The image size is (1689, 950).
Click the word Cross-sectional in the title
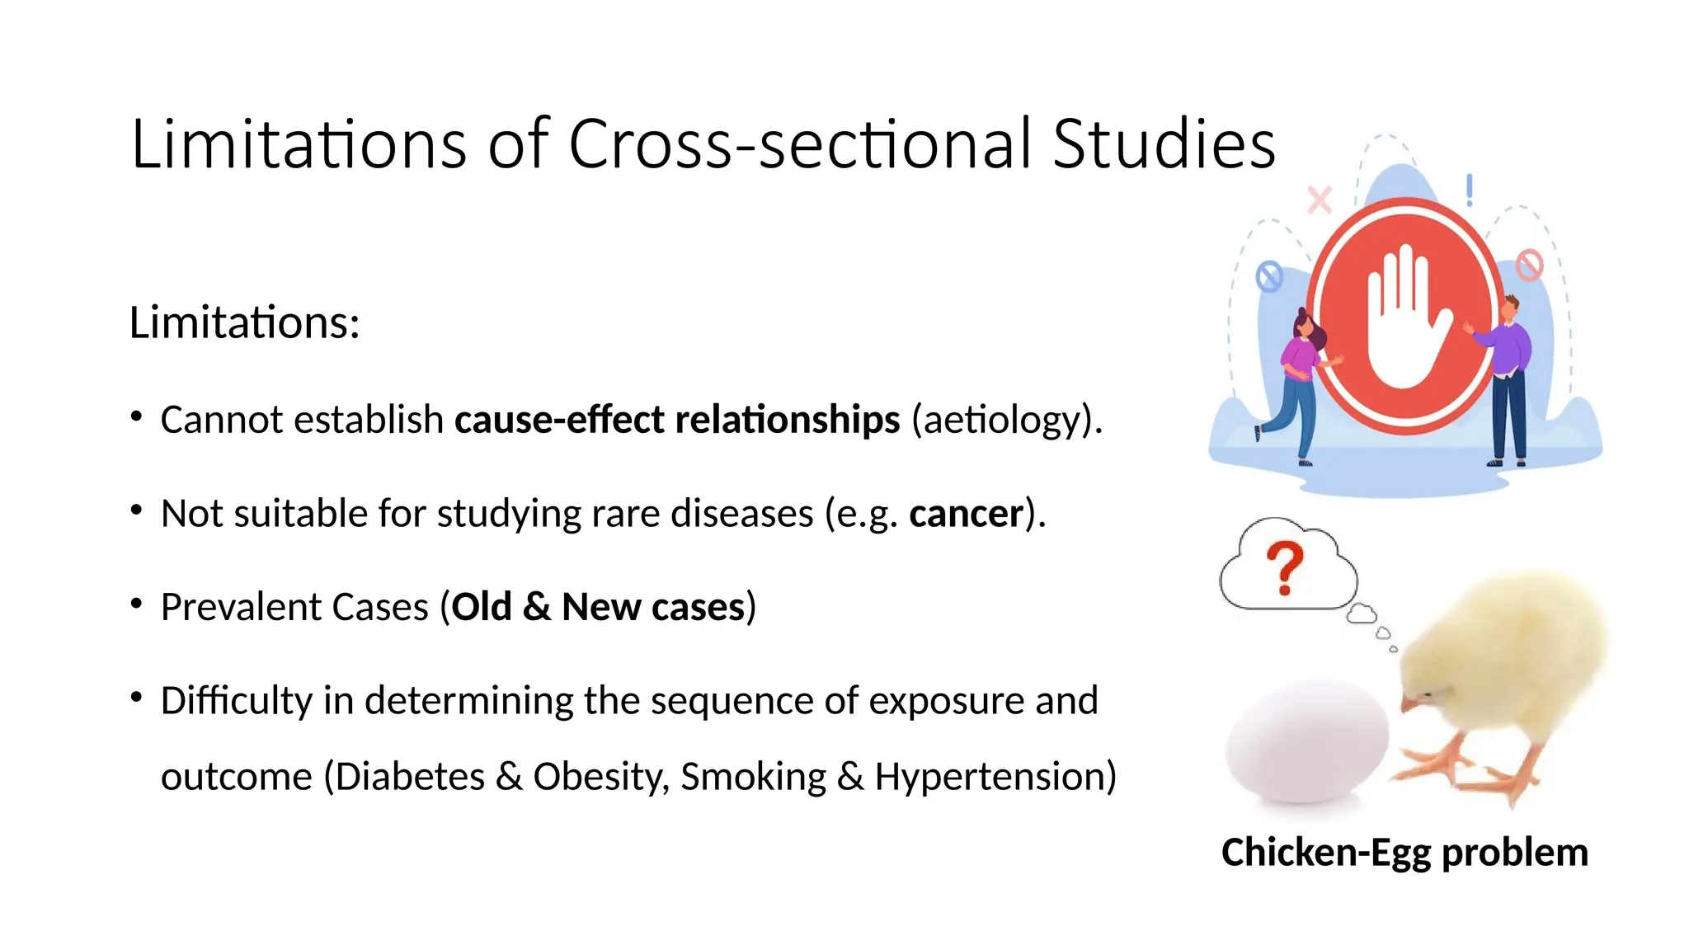[800, 144]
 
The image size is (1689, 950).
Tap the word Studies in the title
[1164, 144]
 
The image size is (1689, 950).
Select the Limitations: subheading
[244, 322]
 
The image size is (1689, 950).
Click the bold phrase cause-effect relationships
[676, 420]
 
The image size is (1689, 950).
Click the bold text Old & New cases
[598, 608]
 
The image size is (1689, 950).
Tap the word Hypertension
[995, 777]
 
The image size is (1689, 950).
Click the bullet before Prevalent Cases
[137, 604]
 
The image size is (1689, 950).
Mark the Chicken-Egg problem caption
[1404, 853]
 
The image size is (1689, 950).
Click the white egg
[1306, 739]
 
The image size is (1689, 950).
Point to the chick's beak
[1407, 703]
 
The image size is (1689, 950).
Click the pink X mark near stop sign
[1320, 200]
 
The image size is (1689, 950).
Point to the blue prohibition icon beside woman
[1269, 276]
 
